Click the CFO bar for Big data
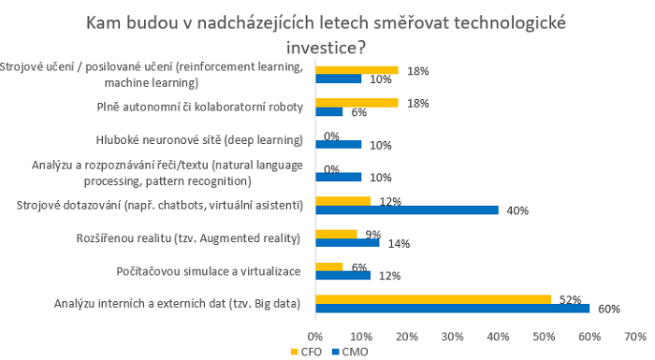(432, 298)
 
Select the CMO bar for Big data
(453, 308)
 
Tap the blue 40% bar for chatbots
(407, 209)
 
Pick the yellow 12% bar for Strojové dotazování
(342, 200)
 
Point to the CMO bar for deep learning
(338, 144)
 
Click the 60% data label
(609, 310)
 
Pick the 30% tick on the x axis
(453, 334)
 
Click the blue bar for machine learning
(338, 79)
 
